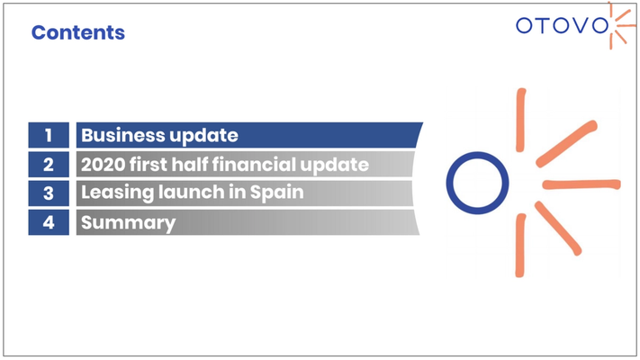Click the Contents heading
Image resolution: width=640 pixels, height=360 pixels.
coord(78,32)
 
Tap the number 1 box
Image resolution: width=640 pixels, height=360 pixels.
coord(49,135)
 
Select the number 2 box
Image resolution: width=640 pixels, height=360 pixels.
coord(49,164)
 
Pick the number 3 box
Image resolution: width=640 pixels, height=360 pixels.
coord(49,193)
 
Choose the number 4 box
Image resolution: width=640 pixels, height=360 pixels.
coord(49,222)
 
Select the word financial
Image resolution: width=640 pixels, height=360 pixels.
coord(254,164)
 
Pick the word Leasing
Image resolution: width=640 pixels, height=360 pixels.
coord(117,193)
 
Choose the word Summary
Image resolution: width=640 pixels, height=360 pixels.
coord(128,223)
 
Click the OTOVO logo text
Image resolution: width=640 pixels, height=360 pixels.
coord(562,26)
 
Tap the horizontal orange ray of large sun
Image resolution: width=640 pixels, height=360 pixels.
coord(581,184)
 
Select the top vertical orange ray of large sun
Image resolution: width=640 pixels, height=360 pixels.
coord(520,120)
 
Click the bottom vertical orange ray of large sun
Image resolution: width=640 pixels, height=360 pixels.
coord(520,246)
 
